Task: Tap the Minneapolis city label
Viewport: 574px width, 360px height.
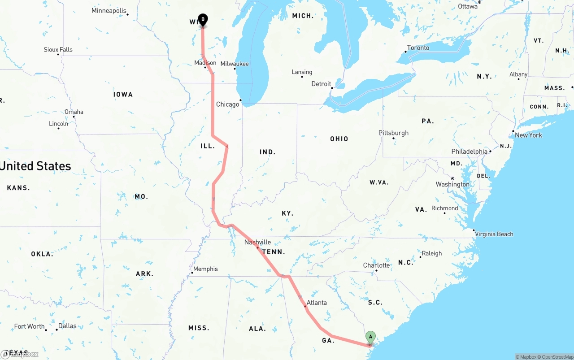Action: tap(109, 11)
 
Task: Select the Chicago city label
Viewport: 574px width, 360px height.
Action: tap(228, 104)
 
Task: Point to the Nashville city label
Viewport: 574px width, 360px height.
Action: tap(257, 242)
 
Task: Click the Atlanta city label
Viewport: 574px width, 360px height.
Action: tap(317, 303)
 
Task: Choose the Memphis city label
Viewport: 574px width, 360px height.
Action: tap(205, 269)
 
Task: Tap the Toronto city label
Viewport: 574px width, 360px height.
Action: tap(418, 48)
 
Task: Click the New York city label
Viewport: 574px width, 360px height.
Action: tap(528, 135)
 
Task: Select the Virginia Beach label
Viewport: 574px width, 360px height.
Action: tap(494, 234)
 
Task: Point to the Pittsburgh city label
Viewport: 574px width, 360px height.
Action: tap(393, 133)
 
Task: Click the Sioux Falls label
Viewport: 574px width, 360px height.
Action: tap(58, 50)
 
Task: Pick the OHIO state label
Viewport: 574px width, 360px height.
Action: tap(339, 139)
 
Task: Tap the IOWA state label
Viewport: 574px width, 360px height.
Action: tap(123, 95)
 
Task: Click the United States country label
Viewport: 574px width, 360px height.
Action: tap(35, 166)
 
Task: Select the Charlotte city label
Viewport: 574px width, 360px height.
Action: tap(376, 265)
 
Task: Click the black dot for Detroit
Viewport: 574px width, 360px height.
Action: tap(332, 88)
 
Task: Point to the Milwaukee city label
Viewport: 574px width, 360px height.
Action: tap(234, 64)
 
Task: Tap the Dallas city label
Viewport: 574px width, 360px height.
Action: tap(67, 326)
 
